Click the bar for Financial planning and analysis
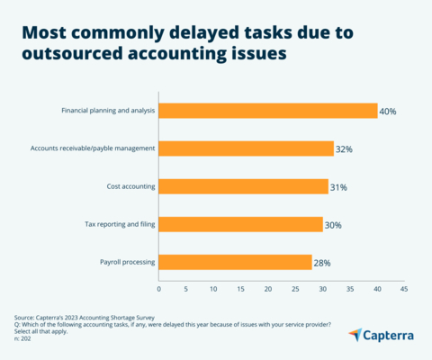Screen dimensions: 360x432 pyautogui.click(x=268, y=111)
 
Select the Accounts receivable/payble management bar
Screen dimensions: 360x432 pyautogui.click(x=247, y=148)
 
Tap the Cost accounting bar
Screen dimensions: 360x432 pyautogui.click(x=244, y=186)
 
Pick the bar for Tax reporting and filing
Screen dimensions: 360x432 pyautogui.click(x=241, y=224)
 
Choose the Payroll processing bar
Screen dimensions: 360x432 pyautogui.click(x=236, y=262)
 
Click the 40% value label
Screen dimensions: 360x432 pyautogui.click(x=388, y=112)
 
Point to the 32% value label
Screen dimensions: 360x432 pyautogui.click(x=345, y=149)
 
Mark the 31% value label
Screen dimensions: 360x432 pyautogui.click(x=338, y=187)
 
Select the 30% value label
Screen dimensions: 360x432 pyautogui.click(x=333, y=225)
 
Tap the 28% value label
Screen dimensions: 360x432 pyautogui.click(x=322, y=263)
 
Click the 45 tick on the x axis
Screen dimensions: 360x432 pyautogui.click(x=404, y=290)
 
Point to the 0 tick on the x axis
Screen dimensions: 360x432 pyautogui.click(x=159, y=290)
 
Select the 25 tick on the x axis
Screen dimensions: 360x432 pyautogui.click(x=295, y=290)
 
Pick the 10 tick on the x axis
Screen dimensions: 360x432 pyautogui.click(x=213, y=290)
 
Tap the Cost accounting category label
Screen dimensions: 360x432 pyautogui.click(x=130, y=186)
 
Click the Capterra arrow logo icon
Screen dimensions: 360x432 pyautogui.click(x=356, y=334)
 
